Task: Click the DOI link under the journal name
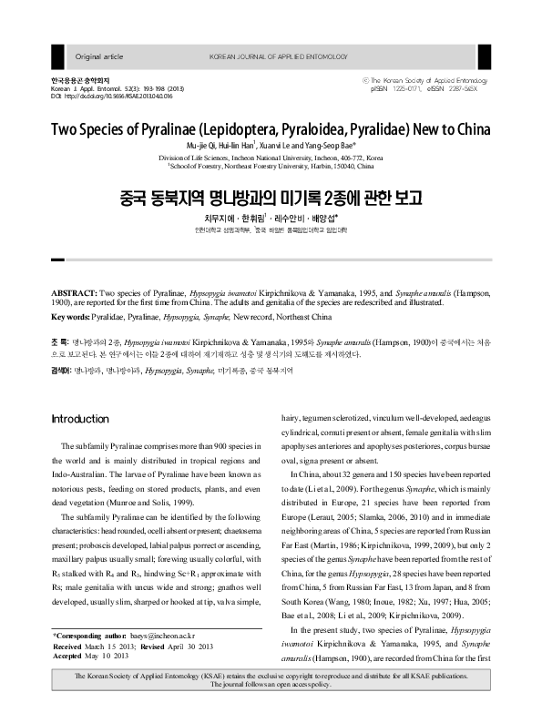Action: tap(115, 96)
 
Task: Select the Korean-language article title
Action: tap(271, 196)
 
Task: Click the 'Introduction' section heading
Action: tap(80, 418)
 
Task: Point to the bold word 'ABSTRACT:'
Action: tap(77, 297)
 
